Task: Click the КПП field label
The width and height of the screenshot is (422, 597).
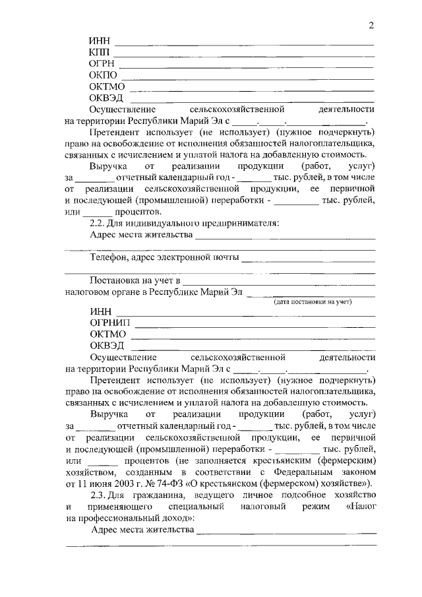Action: coord(100,52)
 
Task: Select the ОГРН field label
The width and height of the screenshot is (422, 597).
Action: coord(102,64)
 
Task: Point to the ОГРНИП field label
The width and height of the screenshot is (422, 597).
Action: coord(110,323)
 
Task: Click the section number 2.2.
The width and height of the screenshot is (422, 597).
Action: coord(98,223)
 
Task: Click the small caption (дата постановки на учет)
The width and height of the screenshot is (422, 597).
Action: coord(313,301)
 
